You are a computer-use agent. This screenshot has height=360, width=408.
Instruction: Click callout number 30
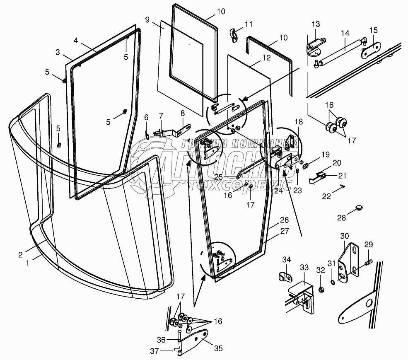click(x=345, y=236)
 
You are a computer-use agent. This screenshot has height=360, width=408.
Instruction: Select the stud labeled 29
click(x=369, y=262)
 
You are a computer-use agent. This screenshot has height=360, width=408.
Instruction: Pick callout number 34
click(x=287, y=260)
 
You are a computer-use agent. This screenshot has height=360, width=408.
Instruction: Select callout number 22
click(x=327, y=196)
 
